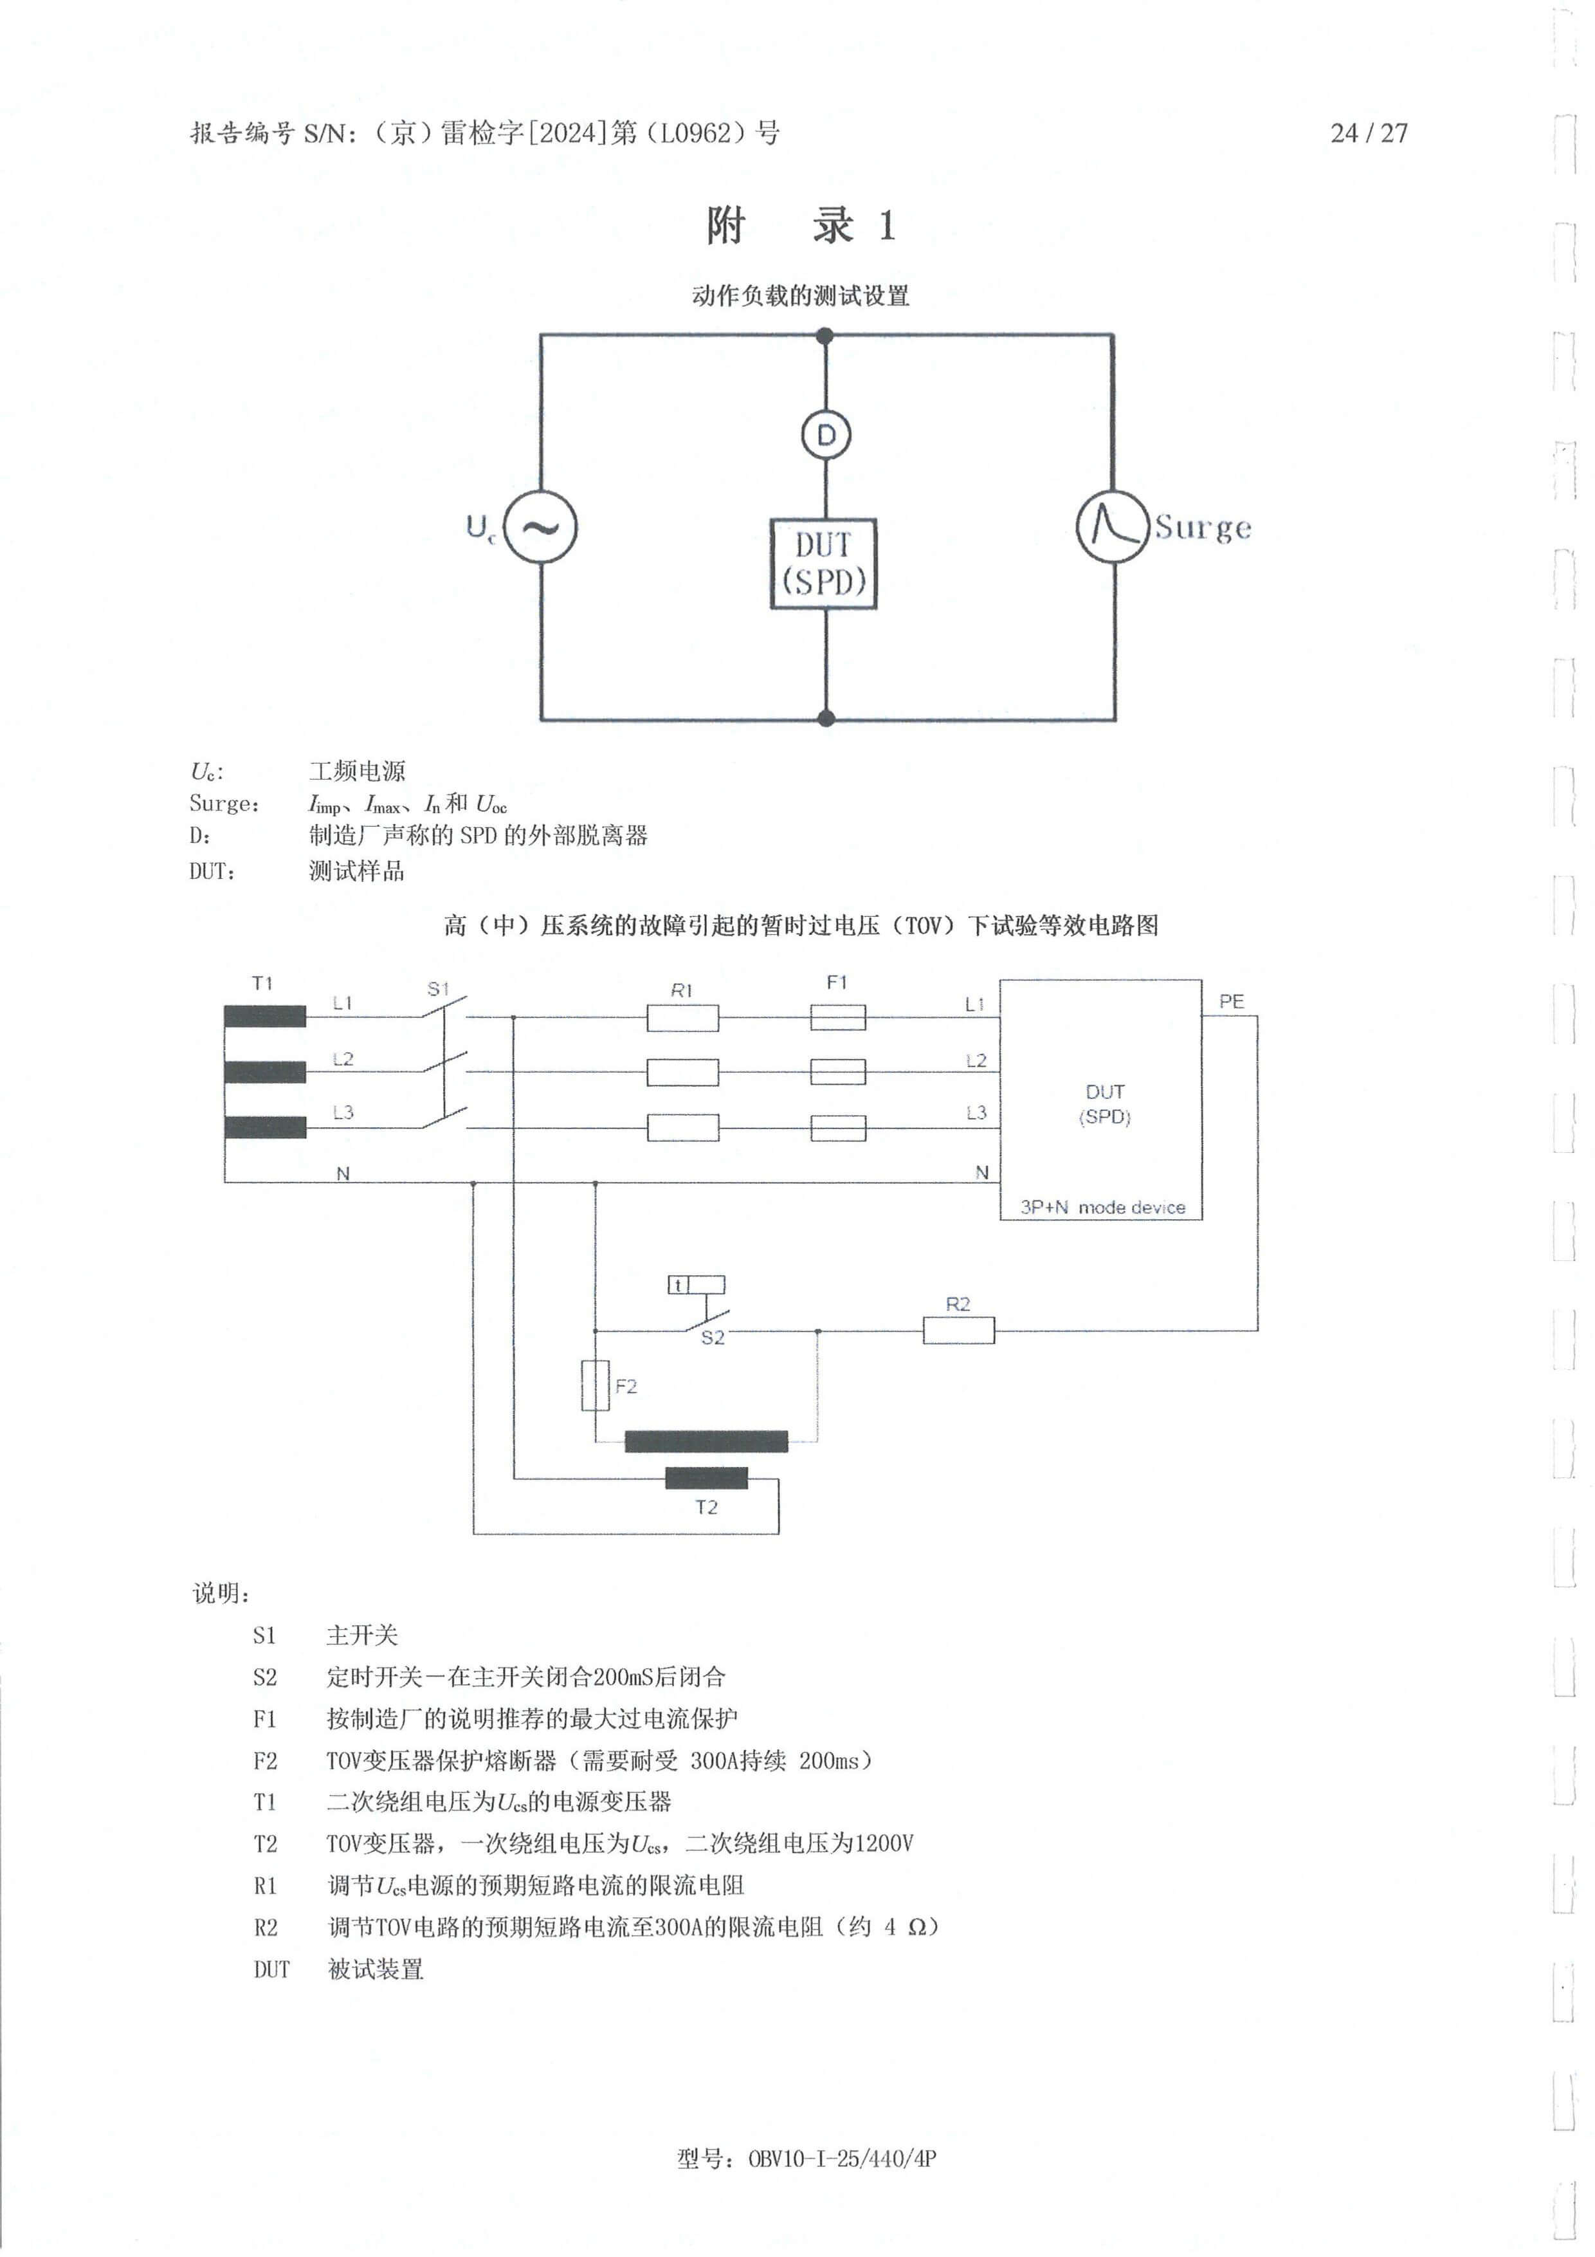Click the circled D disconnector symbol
pyautogui.click(x=826, y=434)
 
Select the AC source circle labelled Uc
pyautogui.click(x=540, y=527)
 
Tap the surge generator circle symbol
pyautogui.click(x=1113, y=527)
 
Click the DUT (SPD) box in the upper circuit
pyautogui.click(x=823, y=563)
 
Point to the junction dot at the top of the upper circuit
pyautogui.click(x=826, y=336)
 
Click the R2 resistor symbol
pyautogui.click(x=958, y=1331)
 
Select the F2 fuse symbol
pyautogui.click(x=596, y=1385)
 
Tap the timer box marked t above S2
pyautogui.click(x=696, y=1285)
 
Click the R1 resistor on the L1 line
pyautogui.click(x=682, y=1017)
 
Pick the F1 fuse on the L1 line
pyautogui.click(x=837, y=1017)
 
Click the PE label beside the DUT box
pyautogui.click(x=1230, y=1002)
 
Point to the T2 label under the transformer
pyautogui.click(x=706, y=1507)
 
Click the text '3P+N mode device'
pyautogui.click(x=1102, y=1207)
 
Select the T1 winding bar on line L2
pyautogui.click(x=264, y=1071)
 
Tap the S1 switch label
pyautogui.click(x=437, y=989)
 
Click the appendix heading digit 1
pyautogui.click(x=886, y=226)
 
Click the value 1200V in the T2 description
pyautogui.click(x=884, y=1843)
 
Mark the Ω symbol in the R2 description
pyautogui.click(x=916, y=1927)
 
